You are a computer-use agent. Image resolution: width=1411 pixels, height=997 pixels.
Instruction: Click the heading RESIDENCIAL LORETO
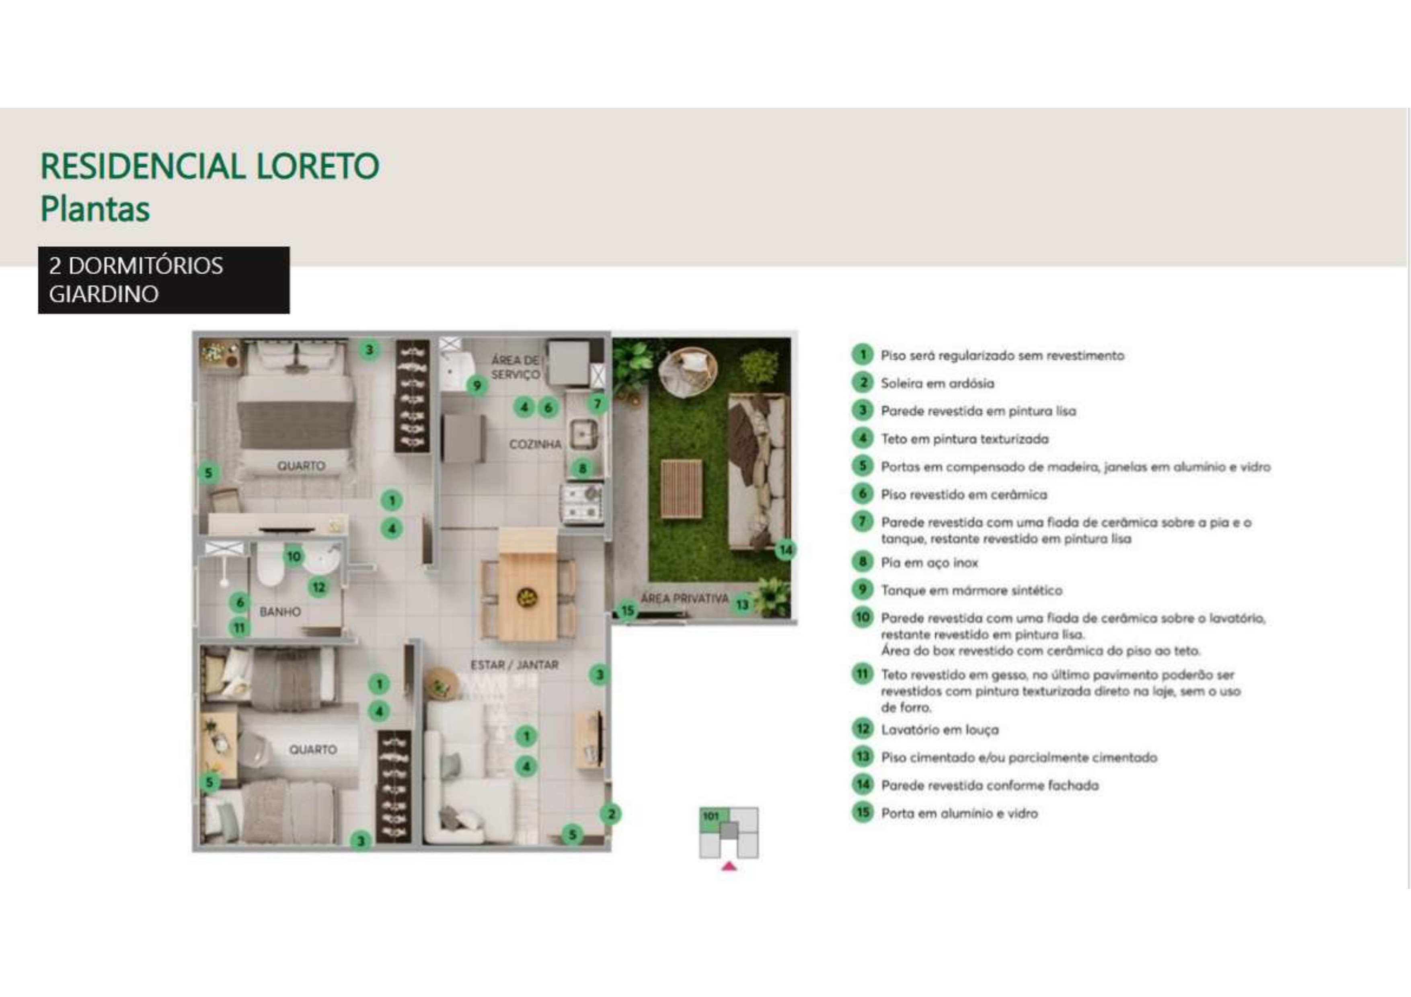[209, 166]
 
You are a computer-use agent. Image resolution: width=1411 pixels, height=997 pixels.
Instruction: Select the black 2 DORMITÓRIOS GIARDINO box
[164, 280]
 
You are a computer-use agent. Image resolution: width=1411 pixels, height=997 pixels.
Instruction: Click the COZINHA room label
[535, 444]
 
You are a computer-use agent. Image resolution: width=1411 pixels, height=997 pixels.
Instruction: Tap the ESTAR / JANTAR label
[514, 665]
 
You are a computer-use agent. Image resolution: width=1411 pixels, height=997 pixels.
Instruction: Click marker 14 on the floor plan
[785, 550]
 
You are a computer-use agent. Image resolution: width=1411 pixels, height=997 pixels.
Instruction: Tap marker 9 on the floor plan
[476, 386]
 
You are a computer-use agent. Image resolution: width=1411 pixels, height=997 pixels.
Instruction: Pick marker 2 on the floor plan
[611, 814]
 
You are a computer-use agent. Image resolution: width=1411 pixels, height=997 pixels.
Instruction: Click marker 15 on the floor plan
[627, 611]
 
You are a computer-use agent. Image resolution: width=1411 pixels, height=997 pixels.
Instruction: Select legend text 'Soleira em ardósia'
[937, 383]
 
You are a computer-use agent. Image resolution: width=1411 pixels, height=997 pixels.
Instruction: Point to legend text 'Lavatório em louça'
[940, 730]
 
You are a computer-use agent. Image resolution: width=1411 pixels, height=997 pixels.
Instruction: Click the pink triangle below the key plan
[729, 866]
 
